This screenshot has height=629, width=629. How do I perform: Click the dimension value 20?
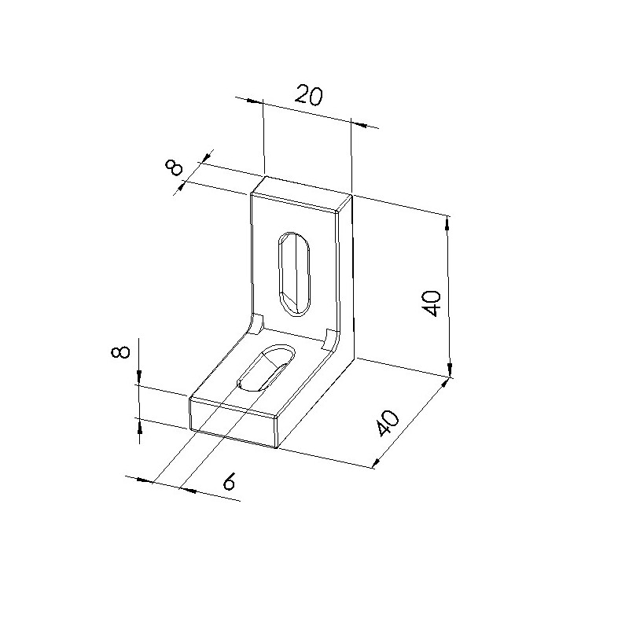tap(308, 96)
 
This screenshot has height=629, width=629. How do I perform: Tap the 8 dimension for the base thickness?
tap(120, 351)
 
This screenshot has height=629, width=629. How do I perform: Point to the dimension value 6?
tap(229, 481)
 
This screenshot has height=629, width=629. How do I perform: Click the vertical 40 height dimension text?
tap(431, 303)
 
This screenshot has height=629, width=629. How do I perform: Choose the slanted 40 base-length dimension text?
tap(388, 423)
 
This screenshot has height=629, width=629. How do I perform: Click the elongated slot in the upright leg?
tap(294, 274)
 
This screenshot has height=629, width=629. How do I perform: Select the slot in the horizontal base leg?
tap(267, 367)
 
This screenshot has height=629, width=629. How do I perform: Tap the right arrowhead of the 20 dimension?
tap(360, 125)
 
